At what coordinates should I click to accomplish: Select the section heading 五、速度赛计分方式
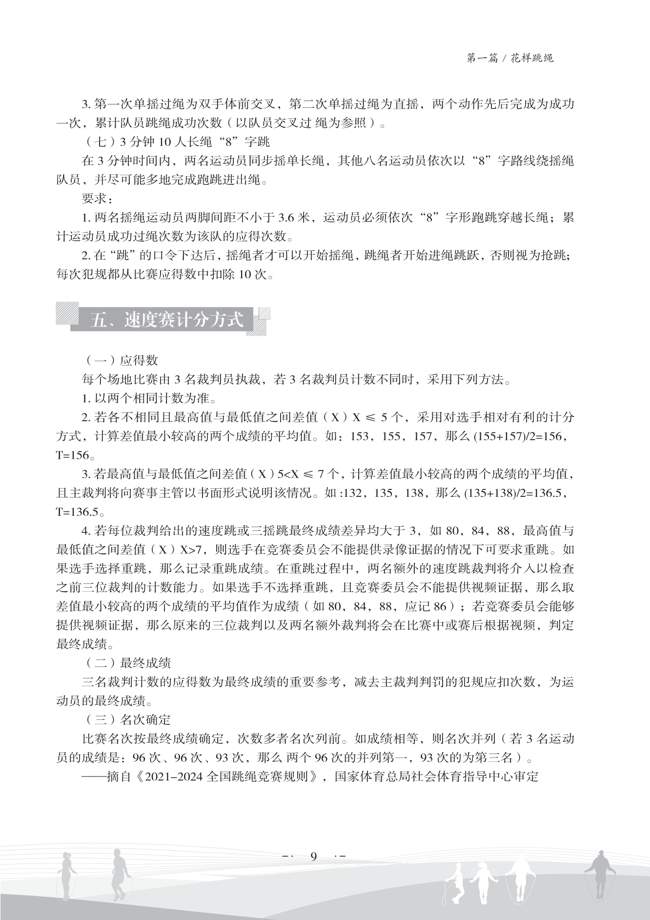coord(166,320)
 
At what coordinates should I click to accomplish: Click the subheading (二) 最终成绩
coord(128,663)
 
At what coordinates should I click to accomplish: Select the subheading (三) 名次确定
coord(128,719)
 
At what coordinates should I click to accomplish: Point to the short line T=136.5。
coord(80,512)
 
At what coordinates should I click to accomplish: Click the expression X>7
coord(191,550)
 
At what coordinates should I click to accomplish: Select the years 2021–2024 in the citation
coord(172,777)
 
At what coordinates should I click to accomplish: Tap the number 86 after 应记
coord(440,606)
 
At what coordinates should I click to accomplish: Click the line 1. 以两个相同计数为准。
coord(148,398)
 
